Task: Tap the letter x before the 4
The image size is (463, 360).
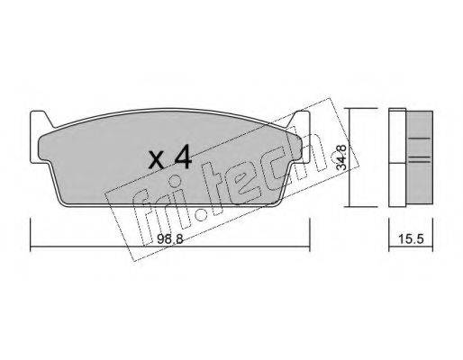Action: pyautogui.click(x=157, y=160)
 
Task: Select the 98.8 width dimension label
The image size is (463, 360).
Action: pyautogui.click(x=169, y=239)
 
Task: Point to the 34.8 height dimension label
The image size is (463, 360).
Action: pyautogui.click(x=341, y=157)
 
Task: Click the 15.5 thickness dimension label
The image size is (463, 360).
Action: pyautogui.click(x=411, y=239)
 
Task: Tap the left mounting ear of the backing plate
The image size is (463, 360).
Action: pyautogui.click(x=39, y=137)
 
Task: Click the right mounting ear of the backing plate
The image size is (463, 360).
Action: pyautogui.click(x=301, y=137)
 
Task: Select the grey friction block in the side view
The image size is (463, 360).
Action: pyautogui.click(x=420, y=158)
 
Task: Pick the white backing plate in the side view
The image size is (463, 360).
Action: pyautogui.click(x=397, y=157)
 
